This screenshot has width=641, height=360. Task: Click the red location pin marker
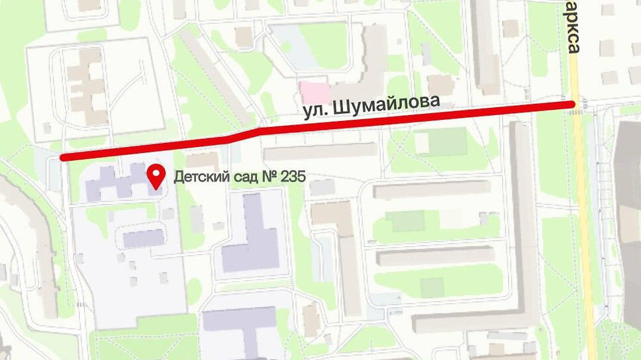pos(156,176)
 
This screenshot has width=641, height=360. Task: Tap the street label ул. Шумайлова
pos(371,107)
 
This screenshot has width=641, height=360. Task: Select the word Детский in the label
pos(195,177)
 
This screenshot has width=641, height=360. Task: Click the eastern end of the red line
pos(571,104)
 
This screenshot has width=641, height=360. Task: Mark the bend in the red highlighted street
pos(252,132)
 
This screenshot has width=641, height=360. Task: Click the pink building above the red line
pos(313,91)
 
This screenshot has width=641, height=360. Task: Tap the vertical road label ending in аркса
pos(573,30)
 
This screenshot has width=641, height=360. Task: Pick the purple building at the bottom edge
pos(240,328)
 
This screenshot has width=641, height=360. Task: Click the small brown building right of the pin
pos(202,160)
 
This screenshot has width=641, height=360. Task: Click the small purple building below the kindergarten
pos(142,238)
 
